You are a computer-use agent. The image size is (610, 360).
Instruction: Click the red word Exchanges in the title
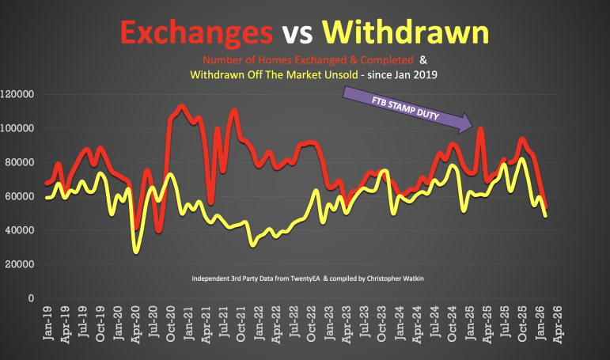pos(194,32)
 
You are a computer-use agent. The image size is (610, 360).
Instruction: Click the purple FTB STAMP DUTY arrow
pos(407,111)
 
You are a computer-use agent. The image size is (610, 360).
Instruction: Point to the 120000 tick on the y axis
pos(22,94)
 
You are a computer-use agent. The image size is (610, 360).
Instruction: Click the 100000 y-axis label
pos(22,128)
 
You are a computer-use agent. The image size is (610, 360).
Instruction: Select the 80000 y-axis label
pos(25,162)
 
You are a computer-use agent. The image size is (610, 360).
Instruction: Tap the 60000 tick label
pos(25,196)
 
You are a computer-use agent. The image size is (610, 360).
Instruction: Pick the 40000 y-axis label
pos(25,230)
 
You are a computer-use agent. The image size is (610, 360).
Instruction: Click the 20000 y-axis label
pos(25,264)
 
